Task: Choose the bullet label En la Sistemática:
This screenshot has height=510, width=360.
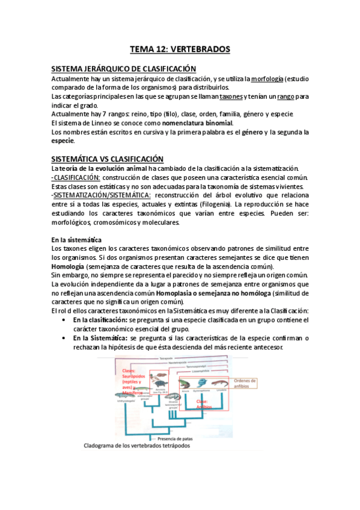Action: tap(102, 337)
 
